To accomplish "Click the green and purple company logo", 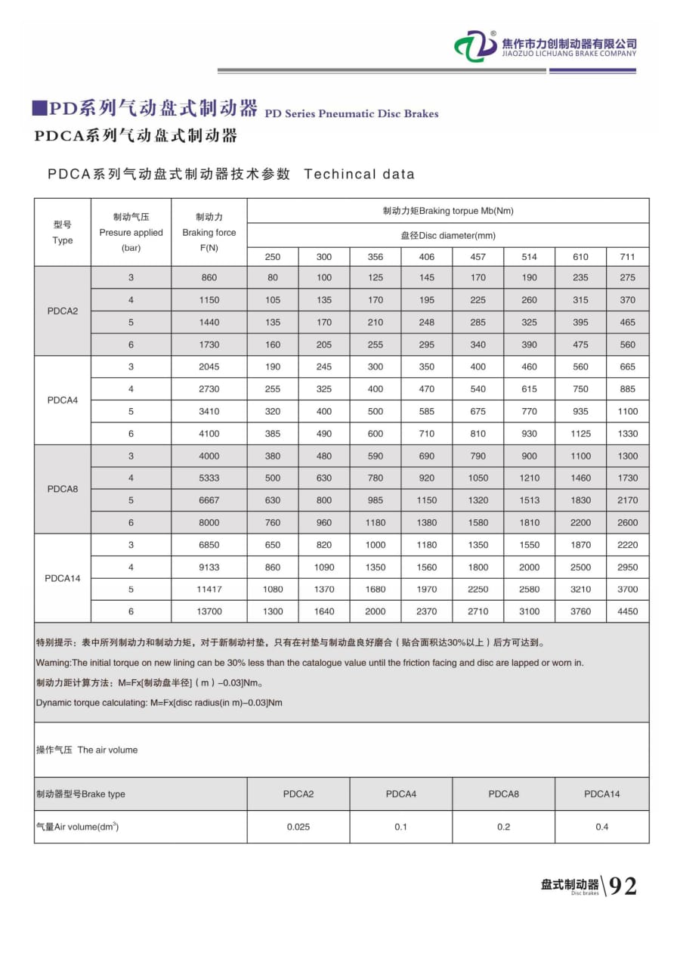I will (x=475, y=47).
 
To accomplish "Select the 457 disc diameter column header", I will (x=478, y=257).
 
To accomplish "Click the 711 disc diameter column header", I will (x=627, y=257).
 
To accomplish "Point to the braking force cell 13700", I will (x=209, y=611).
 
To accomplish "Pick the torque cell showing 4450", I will (x=627, y=611).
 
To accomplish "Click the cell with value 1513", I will (x=529, y=500).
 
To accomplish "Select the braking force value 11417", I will (x=209, y=589).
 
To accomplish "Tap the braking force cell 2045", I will (x=209, y=367).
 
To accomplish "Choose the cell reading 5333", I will (x=209, y=478).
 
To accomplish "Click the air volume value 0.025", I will (x=298, y=827).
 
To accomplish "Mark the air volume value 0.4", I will (x=601, y=827).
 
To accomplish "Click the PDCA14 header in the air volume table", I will (x=601, y=794).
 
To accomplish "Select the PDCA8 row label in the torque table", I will (x=63, y=489).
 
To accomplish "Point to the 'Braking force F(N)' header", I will (x=209, y=232).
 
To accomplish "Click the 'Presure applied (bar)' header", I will (x=131, y=232).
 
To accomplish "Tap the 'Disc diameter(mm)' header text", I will (x=448, y=235).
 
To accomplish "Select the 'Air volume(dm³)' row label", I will (x=77, y=827).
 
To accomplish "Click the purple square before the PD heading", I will (x=39, y=108).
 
